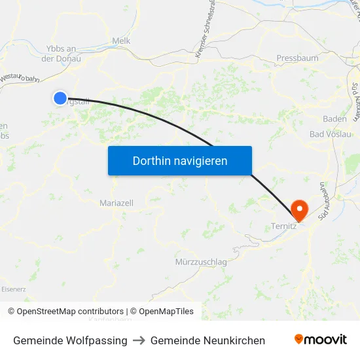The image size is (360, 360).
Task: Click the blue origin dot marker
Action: point(60,98)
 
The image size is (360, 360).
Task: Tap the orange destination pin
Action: point(299,209)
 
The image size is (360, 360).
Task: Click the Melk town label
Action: point(122,41)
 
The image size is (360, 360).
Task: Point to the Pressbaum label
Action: point(297,58)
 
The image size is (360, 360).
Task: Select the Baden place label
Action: point(334,118)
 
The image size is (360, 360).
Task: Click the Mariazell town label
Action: point(117,204)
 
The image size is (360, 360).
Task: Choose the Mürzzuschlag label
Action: point(201,262)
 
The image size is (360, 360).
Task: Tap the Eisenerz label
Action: point(13,289)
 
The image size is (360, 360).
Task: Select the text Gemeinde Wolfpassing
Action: point(70,340)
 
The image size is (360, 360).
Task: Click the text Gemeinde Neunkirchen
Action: point(207,340)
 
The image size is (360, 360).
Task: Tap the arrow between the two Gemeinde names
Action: point(139,340)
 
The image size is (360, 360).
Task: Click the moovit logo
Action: point(321,339)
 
